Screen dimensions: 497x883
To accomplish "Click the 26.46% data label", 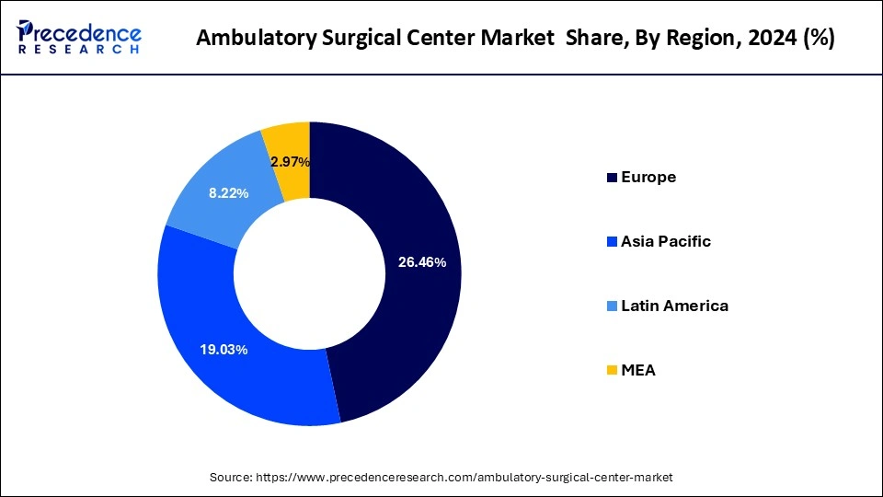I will [421, 262].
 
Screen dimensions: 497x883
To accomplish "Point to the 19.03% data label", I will [224, 350].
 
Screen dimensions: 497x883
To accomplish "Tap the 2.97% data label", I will [290, 162].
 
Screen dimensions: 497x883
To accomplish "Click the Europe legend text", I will [648, 177].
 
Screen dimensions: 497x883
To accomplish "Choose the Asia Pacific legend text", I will [666, 241].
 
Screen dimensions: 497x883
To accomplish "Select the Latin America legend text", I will [674, 306].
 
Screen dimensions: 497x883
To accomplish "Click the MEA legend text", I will [638, 370].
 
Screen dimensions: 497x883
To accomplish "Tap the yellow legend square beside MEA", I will [612, 371].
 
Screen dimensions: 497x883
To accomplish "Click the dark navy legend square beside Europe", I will [612, 178].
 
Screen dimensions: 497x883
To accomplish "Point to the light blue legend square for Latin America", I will [612, 306].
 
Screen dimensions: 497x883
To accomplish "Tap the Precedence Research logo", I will [79, 37].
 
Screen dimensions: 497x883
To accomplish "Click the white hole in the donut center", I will [310, 273].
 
